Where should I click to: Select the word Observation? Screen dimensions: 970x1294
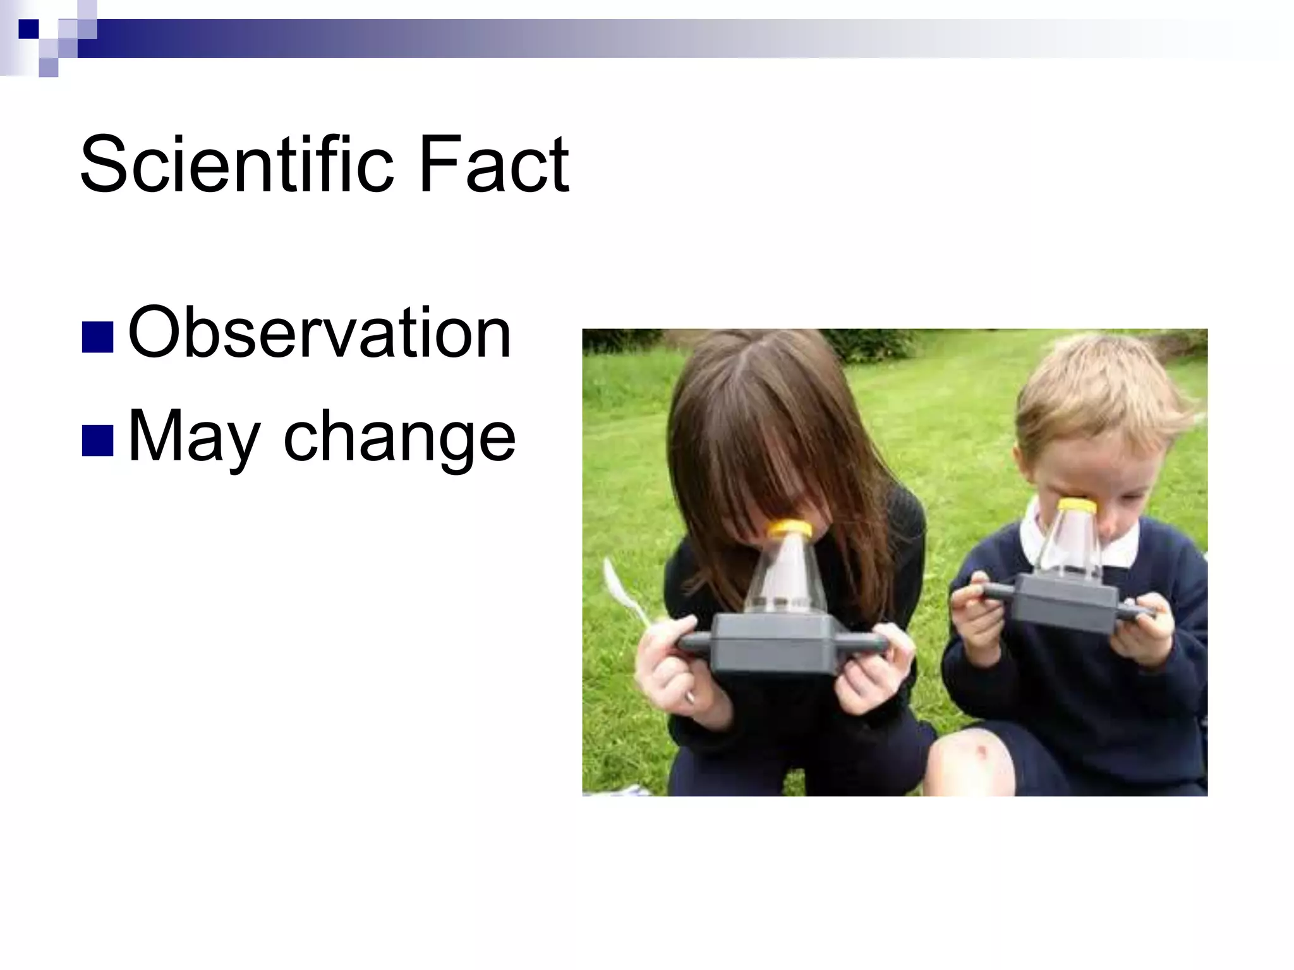[x=319, y=333]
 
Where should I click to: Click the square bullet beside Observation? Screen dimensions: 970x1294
[x=97, y=337]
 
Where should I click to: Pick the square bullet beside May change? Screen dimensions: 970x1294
[x=97, y=440]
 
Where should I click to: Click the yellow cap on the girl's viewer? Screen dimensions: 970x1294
[x=789, y=529]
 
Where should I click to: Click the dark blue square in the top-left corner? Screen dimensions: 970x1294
[x=28, y=29]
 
